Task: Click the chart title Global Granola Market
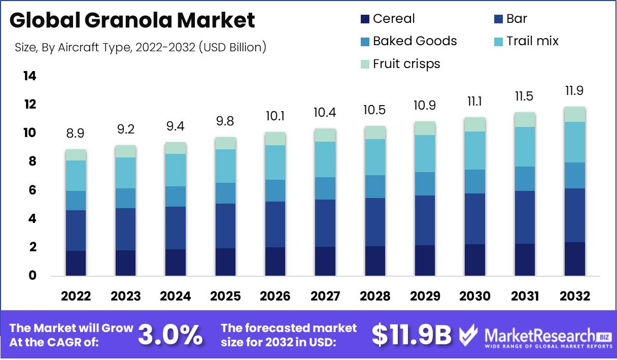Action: tap(132, 20)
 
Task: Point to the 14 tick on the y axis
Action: tap(29, 76)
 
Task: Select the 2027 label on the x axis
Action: tap(325, 297)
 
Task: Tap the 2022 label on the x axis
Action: tap(76, 297)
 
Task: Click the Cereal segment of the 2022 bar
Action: tap(76, 263)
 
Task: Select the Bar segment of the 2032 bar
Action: tap(574, 215)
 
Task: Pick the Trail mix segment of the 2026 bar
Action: tap(275, 162)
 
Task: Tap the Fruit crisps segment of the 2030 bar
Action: tap(475, 124)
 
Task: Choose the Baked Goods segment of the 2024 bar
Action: tap(176, 197)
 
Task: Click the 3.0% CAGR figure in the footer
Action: tap(170, 335)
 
